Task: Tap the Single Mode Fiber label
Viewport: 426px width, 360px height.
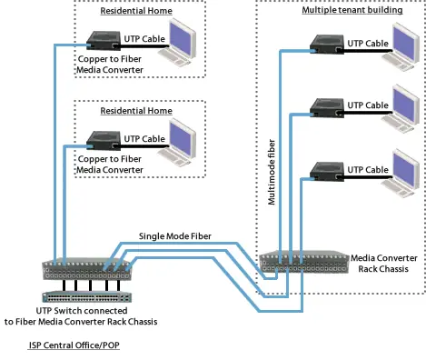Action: pos(174,236)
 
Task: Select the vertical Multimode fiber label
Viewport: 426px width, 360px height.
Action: pos(272,173)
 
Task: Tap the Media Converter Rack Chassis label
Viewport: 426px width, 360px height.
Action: pos(386,264)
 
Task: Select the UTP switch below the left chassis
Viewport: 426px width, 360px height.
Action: pos(87,295)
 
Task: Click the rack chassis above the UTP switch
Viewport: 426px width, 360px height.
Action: pos(87,269)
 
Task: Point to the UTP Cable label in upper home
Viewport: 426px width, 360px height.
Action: pos(144,39)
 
